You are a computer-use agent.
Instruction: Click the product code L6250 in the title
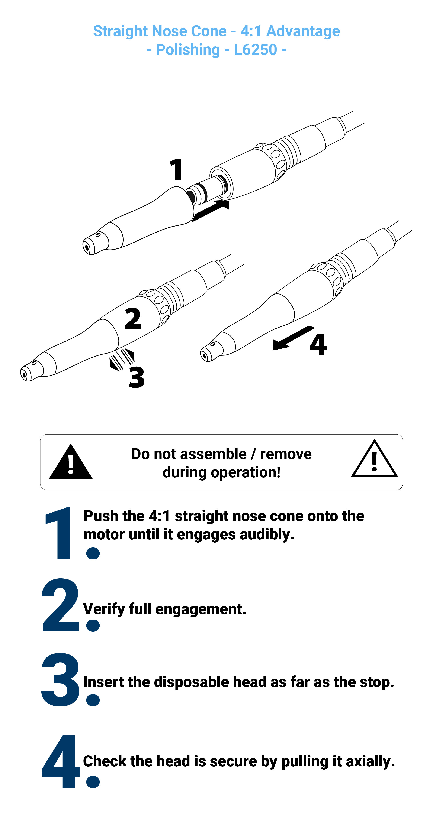tap(256, 50)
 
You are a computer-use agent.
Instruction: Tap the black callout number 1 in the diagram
tap(176, 169)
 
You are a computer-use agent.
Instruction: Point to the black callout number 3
tap(137, 377)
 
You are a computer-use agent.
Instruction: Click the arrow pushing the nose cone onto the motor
tap(211, 210)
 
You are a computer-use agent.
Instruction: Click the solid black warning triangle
tap(71, 461)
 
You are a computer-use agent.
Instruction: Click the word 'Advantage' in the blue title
tap(303, 31)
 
